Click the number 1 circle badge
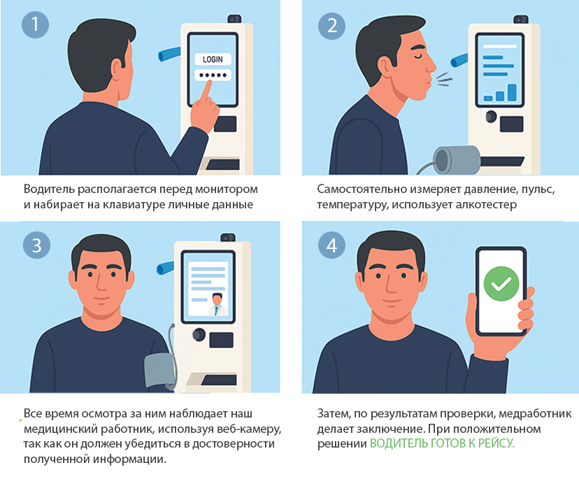(x=36, y=24)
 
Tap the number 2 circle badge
(x=331, y=26)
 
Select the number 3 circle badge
(x=36, y=245)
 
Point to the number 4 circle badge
(x=331, y=245)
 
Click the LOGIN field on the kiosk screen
(x=213, y=59)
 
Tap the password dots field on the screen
(x=213, y=75)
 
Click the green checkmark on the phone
(x=501, y=283)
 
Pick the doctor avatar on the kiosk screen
(x=218, y=305)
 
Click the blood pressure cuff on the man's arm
(x=159, y=371)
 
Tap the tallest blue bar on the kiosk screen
(x=512, y=92)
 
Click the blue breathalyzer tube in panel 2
(x=459, y=61)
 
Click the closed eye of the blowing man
(x=418, y=55)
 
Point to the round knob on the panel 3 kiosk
(x=199, y=334)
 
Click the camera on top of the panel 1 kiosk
(x=234, y=19)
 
